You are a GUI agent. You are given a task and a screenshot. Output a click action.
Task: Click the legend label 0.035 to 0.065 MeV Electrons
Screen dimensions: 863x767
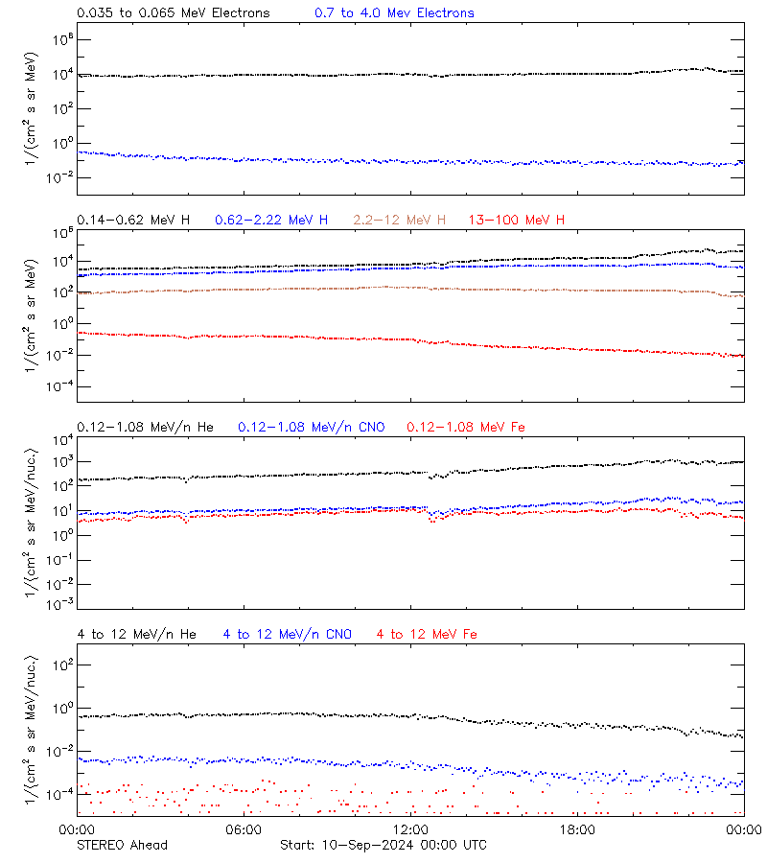(x=173, y=13)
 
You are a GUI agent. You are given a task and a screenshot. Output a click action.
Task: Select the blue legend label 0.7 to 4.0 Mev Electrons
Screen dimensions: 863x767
(x=394, y=13)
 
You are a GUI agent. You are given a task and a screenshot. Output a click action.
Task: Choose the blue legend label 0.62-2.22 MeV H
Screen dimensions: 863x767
(x=271, y=221)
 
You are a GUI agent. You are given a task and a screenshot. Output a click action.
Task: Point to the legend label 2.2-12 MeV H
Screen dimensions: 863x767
(x=400, y=221)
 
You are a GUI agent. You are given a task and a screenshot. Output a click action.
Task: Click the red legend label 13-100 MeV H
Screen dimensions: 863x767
(x=517, y=221)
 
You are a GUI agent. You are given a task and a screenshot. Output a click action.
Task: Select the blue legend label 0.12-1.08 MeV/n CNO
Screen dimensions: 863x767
(x=311, y=427)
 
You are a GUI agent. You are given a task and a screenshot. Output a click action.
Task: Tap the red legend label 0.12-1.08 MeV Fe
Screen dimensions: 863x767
(x=466, y=427)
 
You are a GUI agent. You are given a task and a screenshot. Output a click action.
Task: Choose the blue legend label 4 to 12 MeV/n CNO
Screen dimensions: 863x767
(x=288, y=634)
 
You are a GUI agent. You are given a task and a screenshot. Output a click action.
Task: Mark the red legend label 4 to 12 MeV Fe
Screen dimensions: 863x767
(x=428, y=634)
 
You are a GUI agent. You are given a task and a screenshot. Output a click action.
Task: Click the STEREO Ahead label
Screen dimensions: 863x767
(x=122, y=845)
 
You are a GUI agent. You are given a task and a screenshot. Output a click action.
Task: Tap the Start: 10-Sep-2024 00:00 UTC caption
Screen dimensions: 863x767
(x=383, y=845)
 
